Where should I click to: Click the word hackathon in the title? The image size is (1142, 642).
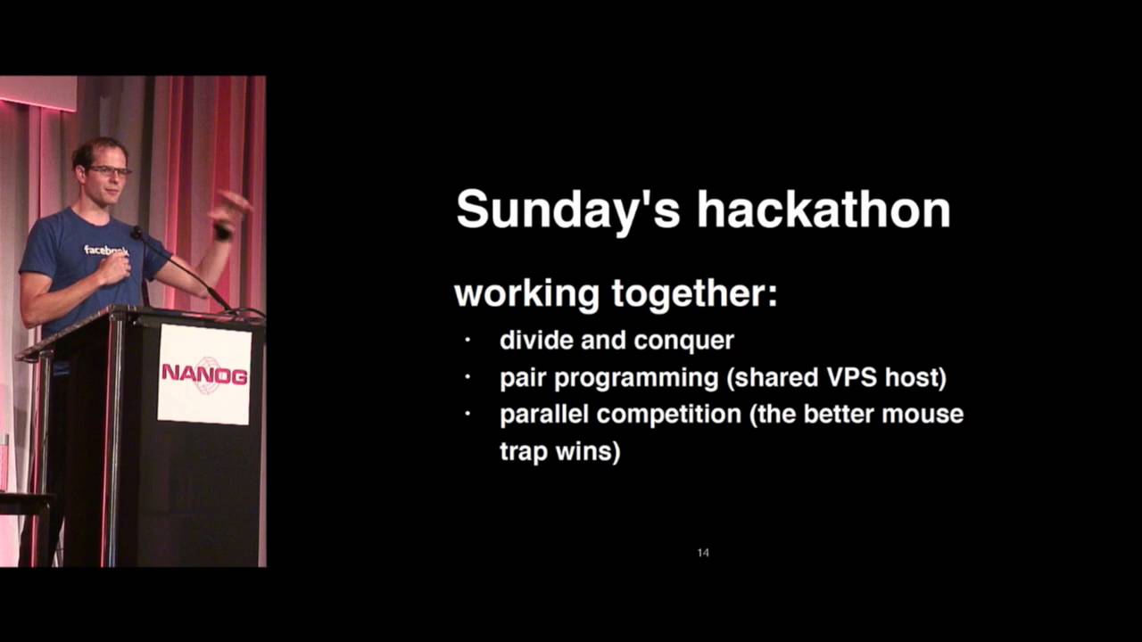(823, 210)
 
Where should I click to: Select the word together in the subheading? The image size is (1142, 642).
(693, 294)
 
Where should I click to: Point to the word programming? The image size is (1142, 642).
(635, 378)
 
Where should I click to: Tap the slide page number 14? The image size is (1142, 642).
(703, 553)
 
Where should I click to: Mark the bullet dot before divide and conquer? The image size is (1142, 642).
(467, 340)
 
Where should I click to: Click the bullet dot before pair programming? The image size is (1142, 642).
(467, 377)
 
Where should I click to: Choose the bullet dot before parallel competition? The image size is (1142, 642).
(467, 415)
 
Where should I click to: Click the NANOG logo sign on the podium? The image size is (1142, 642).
(204, 374)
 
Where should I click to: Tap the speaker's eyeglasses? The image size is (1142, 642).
(110, 170)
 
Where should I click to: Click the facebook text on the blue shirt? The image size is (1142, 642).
(105, 251)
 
